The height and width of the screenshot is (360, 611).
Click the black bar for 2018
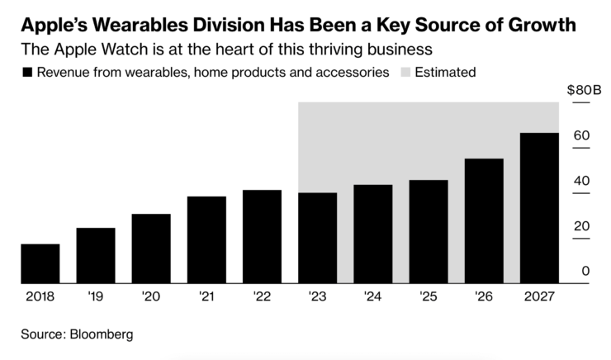tap(40, 263)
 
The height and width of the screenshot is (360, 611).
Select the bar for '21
tap(206, 239)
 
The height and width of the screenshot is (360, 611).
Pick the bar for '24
tap(372, 234)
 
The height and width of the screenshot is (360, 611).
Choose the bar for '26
tap(484, 220)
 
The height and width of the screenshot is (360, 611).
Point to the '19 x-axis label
tap(96, 295)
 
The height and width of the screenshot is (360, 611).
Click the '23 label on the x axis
tap(317, 295)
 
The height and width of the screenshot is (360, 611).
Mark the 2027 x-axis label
tap(538, 295)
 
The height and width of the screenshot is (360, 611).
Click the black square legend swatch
tap(28, 73)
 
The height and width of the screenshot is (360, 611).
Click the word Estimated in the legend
tap(445, 73)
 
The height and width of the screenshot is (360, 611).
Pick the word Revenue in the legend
tap(65, 73)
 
